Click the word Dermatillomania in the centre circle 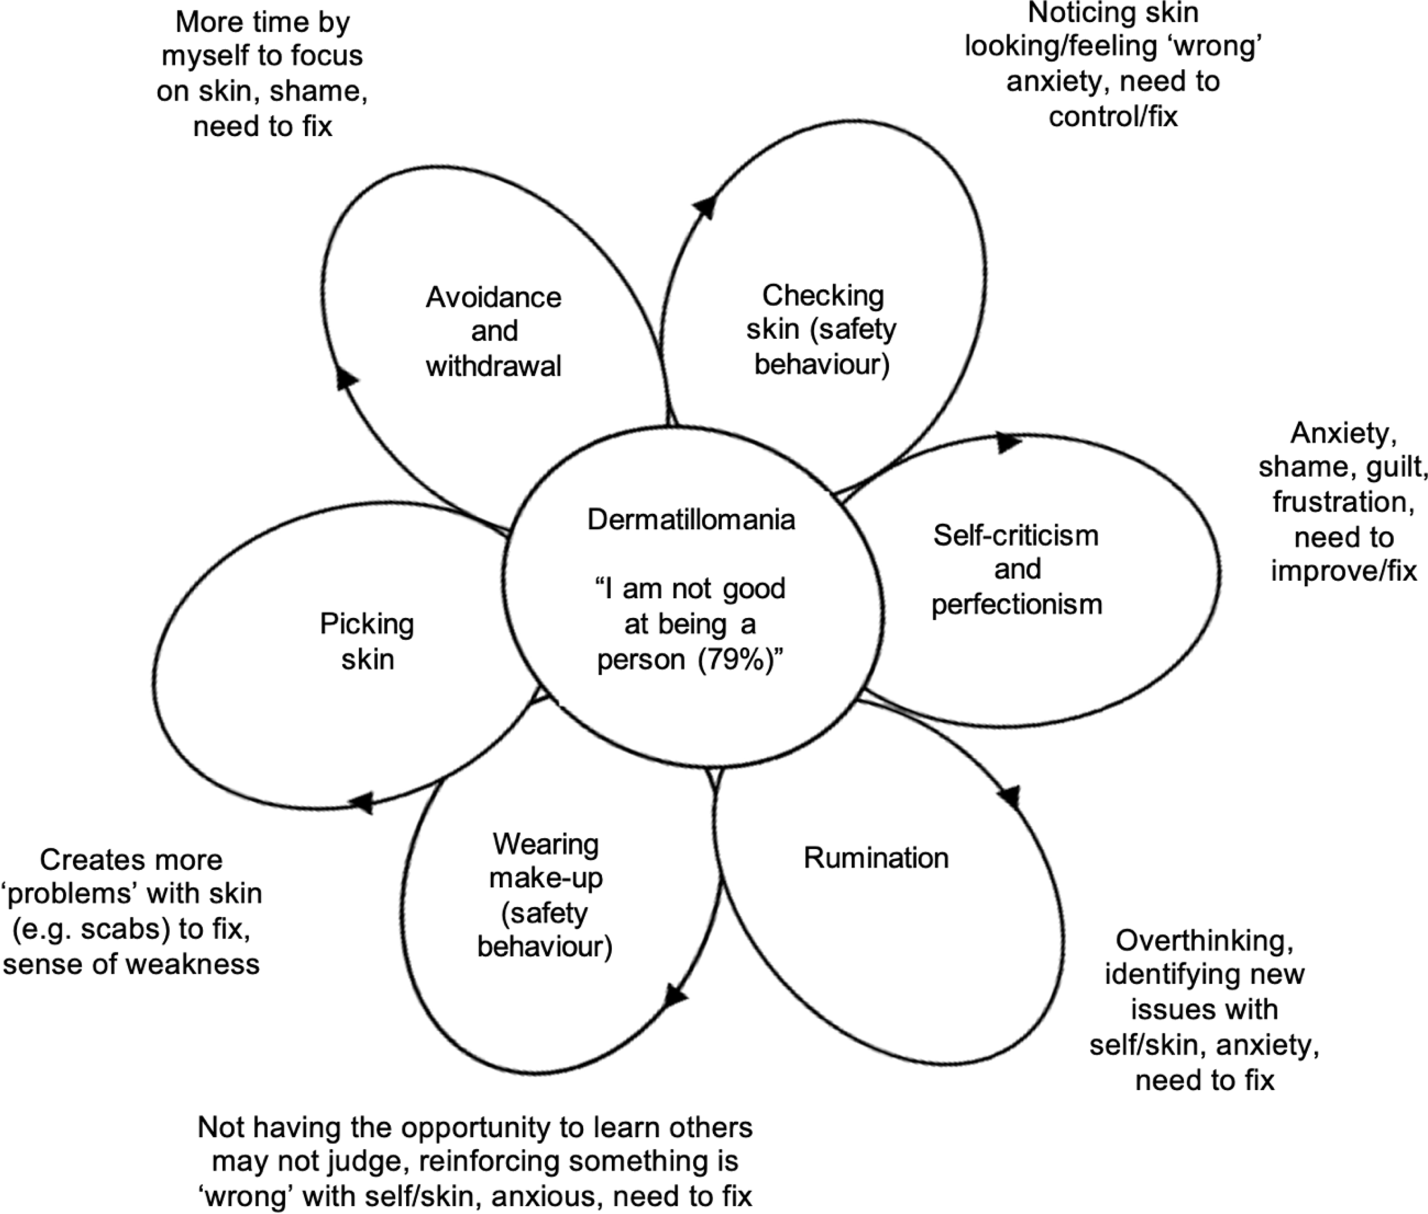click(x=691, y=520)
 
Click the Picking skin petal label click(x=367, y=642)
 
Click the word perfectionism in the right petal click(x=1016, y=605)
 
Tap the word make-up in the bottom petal click(x=546, y=878)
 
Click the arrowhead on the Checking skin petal click(x=706, y=206)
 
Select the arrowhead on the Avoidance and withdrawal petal click(x=346, y=378)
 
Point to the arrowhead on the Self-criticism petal click(x=1008, y=443)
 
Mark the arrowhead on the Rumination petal click(x=1009, y=797)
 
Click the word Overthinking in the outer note click(x=1204, y=940)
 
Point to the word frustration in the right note click(x=1343, y=502)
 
